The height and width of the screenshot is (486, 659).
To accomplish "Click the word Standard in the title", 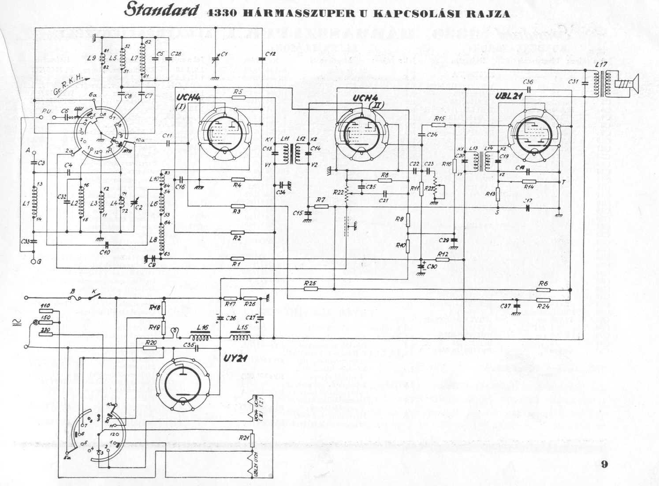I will point(160,11).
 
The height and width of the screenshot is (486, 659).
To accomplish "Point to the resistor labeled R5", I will point(238,97).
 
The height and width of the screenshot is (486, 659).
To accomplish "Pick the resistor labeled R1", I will point(238,259).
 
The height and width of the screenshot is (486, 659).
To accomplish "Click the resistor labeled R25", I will point(310,289).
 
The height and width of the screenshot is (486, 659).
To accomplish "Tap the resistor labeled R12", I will point(443,260).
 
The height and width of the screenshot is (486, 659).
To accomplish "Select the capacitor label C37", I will point(506,306).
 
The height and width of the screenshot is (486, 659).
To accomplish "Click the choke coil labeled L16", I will point(201,338).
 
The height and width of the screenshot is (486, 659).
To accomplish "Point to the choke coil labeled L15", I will point(240,338).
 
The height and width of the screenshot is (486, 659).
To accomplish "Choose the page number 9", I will point(604,464).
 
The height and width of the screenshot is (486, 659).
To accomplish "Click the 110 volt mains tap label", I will point(45,306).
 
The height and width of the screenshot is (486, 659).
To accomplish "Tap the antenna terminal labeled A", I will point(28,151).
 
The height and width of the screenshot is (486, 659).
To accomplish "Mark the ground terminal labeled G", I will point(34,261).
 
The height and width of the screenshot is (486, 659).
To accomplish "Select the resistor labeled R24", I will point(544,300).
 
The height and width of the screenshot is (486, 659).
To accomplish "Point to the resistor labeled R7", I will point(321,206).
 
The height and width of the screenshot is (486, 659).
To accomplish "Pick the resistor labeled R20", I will point(150,347).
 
